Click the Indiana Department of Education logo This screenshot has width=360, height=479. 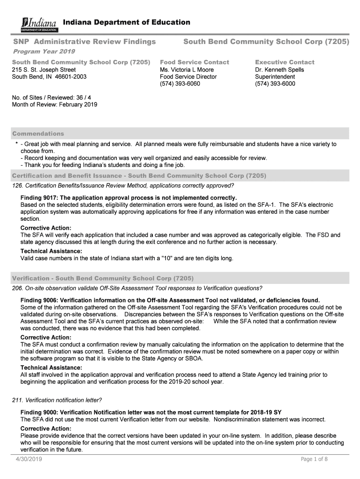[40, 24]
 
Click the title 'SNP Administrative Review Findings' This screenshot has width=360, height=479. [84, 42]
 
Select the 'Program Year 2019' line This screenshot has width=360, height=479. [43, 51]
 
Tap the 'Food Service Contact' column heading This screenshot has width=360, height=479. [194, 62]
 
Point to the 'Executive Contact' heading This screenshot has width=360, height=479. [284, 62]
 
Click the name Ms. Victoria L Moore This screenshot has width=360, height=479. [187, 70]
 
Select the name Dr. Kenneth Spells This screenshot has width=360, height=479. [279, 70]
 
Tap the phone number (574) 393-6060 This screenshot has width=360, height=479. [180, 84]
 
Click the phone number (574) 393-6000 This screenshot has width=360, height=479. [275, 84]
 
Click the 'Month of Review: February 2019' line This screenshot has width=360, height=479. [54, 105]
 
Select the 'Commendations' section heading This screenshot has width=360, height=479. [38, 134]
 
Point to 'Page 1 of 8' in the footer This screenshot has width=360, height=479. [314, 459]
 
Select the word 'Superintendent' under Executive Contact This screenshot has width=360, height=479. [275, 77]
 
